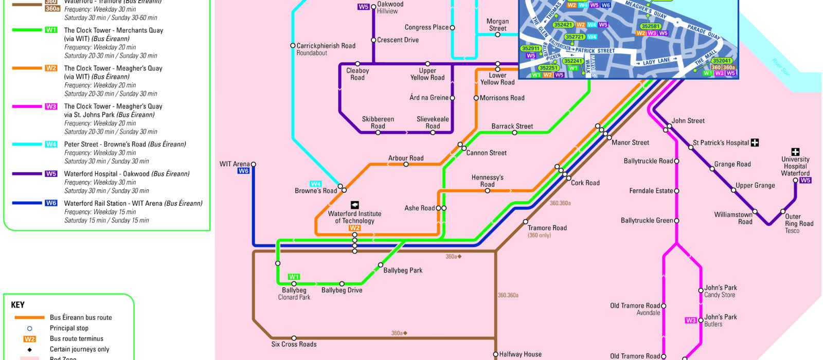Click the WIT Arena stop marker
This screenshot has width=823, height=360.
[253, 165]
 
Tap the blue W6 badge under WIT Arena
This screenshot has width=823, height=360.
[243, 171]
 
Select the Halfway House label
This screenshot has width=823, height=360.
[520, 354]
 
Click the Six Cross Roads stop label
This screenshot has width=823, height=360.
[294, 344]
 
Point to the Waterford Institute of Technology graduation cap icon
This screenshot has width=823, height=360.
[354, 205]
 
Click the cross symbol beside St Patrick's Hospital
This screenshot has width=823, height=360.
[755, 142]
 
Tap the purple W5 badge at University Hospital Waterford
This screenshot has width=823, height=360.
[805, 181]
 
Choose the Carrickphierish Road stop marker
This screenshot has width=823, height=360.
[293, 46]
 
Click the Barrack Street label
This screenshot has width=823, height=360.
[512, 126]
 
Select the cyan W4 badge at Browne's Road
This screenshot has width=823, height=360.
[315, 184]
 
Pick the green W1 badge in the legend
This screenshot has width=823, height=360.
[51, 30]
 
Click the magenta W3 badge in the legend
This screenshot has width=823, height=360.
[51, 106]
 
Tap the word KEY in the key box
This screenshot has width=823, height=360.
[18, 305]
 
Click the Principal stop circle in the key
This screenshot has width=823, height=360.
[29, 328]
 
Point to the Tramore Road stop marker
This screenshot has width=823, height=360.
[525, 222]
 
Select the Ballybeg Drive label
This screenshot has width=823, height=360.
[342, 291]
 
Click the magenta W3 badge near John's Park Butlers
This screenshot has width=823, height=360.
[691, 320]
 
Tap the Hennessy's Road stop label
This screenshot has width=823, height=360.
[487, 181]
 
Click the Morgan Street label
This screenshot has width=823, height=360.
[497, 25]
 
